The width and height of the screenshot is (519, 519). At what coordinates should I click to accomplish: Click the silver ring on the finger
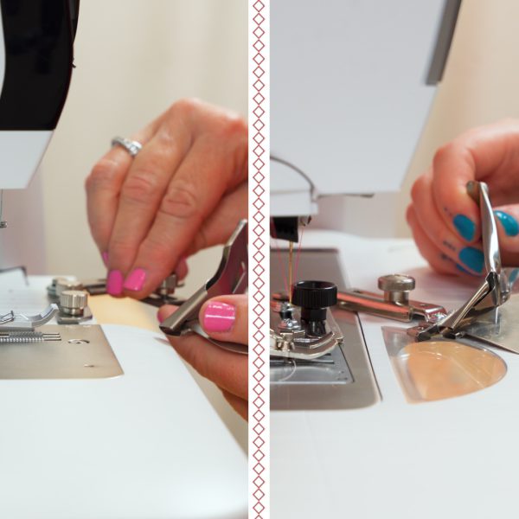[128, 145]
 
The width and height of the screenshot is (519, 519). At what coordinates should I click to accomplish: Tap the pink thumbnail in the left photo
[219, 316]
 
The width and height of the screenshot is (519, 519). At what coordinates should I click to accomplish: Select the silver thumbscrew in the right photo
[396, 288]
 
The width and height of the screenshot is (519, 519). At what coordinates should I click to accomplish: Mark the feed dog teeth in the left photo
[30, 336]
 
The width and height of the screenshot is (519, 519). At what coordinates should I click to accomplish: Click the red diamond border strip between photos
[259, 259]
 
